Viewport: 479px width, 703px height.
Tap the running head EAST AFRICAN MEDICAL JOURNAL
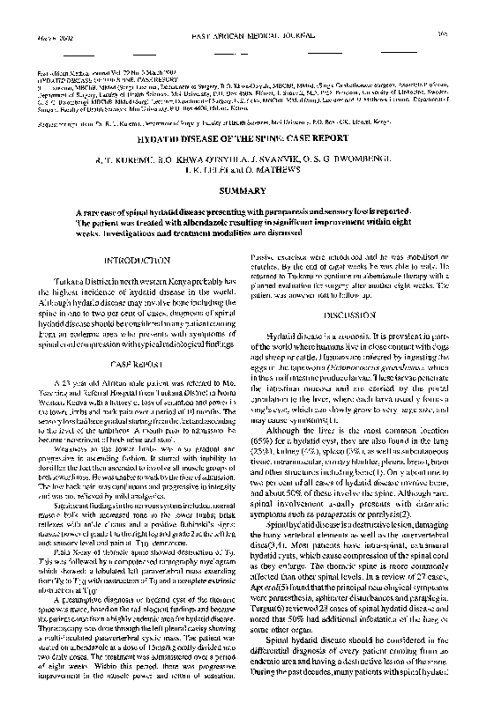pos(237,11)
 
